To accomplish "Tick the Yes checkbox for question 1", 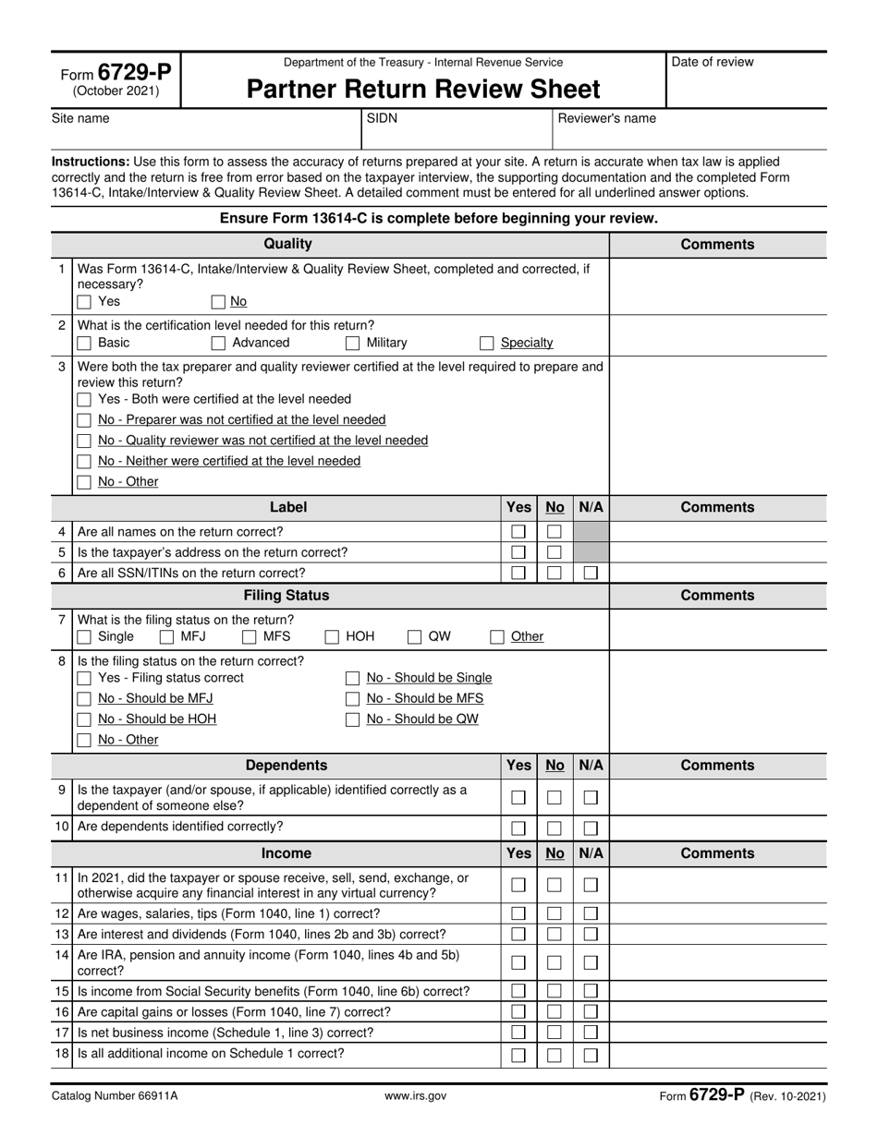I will pos(84,302).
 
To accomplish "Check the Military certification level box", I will pos(352,344).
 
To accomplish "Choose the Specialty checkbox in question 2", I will pos(487,344).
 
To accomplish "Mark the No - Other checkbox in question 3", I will pos(84,482).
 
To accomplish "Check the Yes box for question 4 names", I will pos(518,532).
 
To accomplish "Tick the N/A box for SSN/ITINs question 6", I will pos(591,573).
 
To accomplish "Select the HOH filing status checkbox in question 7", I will pos(332,637).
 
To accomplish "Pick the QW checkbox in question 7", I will pos(415,637).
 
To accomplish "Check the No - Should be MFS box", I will pos(352,699).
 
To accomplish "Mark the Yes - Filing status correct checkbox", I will pos(84,679).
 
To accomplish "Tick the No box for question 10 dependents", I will pos(555,828).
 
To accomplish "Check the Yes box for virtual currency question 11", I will pos(518,886).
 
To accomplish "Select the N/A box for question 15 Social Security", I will pos(591,992).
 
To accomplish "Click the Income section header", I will pos(287,853).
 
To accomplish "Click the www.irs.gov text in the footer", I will pos(416,1096).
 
